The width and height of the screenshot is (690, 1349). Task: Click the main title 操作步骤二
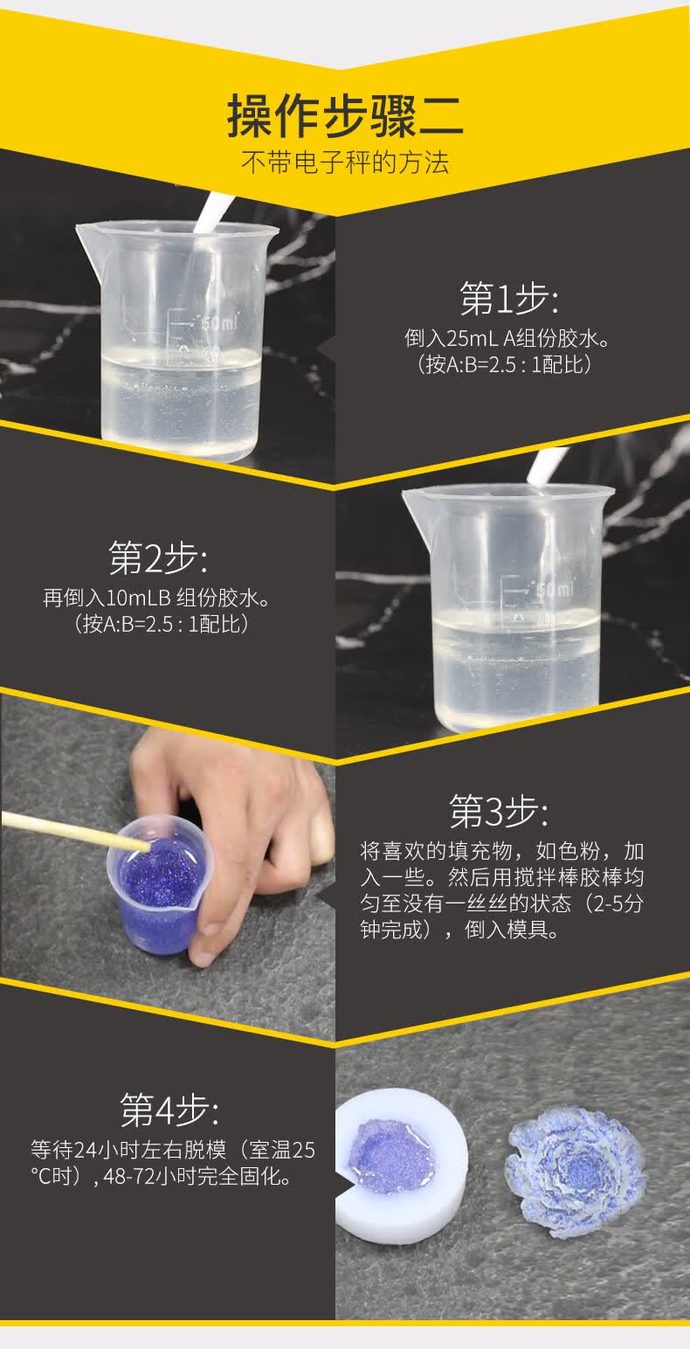[x=345, y=116]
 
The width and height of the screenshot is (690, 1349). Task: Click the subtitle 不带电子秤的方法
[x=345, y=163]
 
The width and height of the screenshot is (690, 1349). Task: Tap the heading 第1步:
[x=508, y=300]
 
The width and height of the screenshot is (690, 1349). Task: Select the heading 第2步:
[x=158, y=558]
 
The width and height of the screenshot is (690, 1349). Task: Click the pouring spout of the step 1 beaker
[x=87, y=233]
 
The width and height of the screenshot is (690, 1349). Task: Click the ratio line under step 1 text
[x=506, y=363]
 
